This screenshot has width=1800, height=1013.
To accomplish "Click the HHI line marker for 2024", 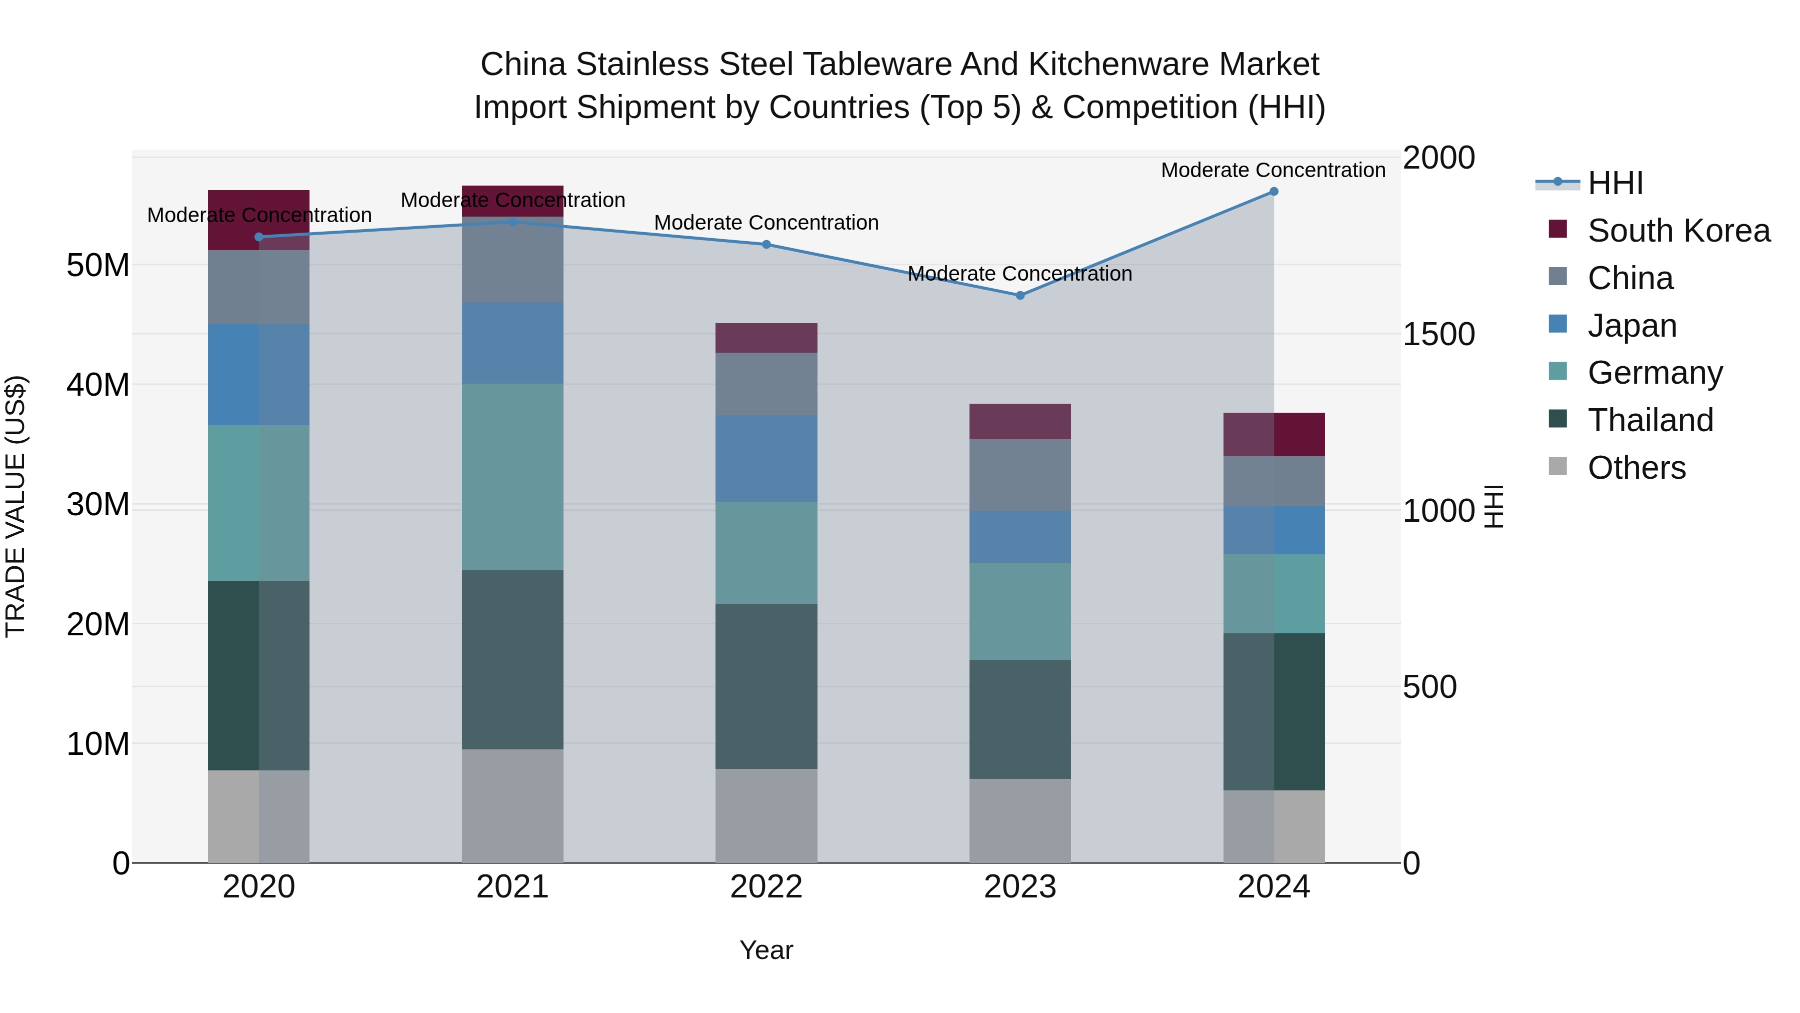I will [x=1273, y=192].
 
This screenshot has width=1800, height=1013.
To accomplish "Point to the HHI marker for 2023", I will [x=1019, y=296].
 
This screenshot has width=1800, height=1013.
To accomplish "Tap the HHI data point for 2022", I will [x=766, y=245].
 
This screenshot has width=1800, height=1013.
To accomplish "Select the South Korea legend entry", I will [x=1678, y=231].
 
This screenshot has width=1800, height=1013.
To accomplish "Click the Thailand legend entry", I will [x=1650, y=420].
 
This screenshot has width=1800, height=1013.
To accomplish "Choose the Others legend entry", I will [x=1636, y=468].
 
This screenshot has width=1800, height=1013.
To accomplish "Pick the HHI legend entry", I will [x=1615, y=183].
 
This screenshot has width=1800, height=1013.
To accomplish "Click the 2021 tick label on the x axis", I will [x=512, y=887].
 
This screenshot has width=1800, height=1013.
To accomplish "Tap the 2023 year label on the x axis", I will [x=1019, y=887].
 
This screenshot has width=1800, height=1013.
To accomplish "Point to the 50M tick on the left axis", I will [x=98, y=266].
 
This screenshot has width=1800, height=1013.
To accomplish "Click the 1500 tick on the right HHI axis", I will [x=1438, y=334].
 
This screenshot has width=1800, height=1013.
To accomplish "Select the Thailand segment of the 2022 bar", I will [x=766, y=686].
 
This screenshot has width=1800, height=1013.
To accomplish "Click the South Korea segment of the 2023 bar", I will [x=1019, y=422].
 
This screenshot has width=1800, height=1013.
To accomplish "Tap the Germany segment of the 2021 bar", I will [x=512, y=477].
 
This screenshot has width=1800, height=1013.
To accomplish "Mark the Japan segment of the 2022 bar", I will [x=766, y=459].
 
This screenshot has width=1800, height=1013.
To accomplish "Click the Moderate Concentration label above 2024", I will [x=1272, y=170].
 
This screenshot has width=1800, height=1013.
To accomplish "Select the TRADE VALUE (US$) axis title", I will [x=15, y=506].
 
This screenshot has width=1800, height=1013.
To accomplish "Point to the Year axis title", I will [x=766, y=950].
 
